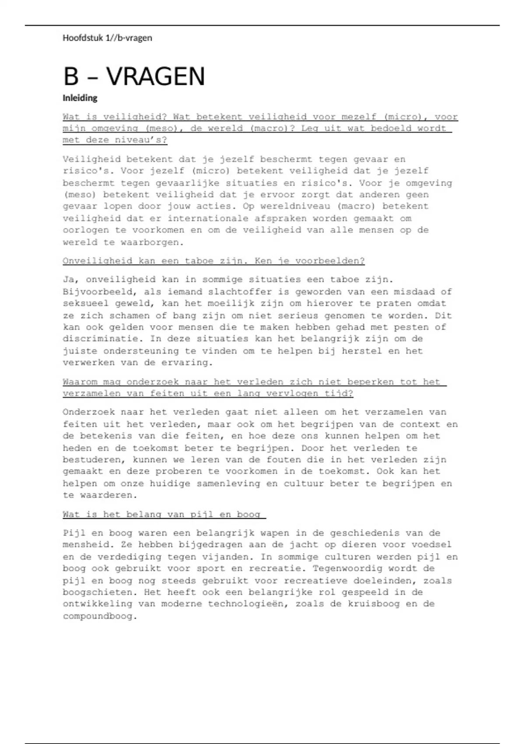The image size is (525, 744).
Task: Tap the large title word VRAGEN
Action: click(155, 77)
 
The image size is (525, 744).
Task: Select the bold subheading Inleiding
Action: click(80, 98)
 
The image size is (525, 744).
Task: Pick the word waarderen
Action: click(108, 495)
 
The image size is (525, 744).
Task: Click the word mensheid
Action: click(85, 545)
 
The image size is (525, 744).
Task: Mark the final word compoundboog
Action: click(100, 616)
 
